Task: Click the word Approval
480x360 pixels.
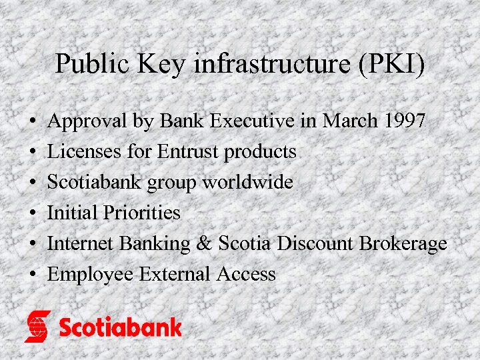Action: click(87, 122)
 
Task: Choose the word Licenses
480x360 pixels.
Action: click(84, 152)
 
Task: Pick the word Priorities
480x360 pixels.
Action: click(141, 213)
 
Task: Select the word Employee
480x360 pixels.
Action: click(90, 275)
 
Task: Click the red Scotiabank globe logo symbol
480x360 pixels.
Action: click(38, 326)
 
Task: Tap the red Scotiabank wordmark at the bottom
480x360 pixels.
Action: click(120, 327)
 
